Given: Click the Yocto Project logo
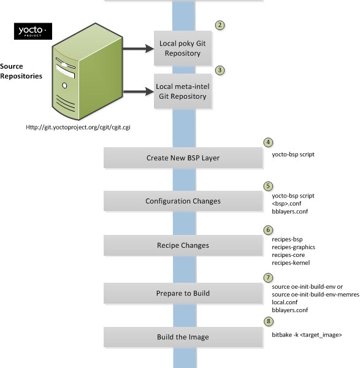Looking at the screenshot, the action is (x=33, y=31).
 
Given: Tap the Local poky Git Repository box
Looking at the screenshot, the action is (x=183, y=48).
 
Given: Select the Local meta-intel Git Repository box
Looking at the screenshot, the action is (x=183, y=91).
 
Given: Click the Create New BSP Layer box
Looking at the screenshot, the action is (x=183, y=158).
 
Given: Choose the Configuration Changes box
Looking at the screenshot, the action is (x=183, y=201).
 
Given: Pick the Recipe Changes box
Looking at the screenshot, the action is (x=183, y=245).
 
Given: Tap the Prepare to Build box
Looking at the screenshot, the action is (x=183, y=293).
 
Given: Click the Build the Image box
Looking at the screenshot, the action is (x=183, y=337).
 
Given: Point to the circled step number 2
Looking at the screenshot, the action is (x=220, y=25).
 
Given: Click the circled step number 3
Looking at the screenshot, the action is (x=220, y=70).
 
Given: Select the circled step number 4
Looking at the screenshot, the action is (x=268, y=142).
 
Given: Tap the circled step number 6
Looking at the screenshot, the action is (x=268, y=230).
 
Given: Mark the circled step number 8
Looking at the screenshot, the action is (x=269, y=321).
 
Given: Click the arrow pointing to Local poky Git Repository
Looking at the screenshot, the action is (x=138, y=48).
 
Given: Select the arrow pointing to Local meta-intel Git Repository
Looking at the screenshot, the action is (x=138, y=91).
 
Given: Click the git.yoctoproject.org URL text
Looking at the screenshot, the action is (x=78, y=127).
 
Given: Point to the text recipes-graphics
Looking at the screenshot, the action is (x=293, y=247).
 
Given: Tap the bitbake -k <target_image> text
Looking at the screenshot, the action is (x=307, y=335).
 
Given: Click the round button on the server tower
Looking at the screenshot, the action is (x=64, y=86).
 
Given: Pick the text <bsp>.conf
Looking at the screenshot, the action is (x=286, y=204).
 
